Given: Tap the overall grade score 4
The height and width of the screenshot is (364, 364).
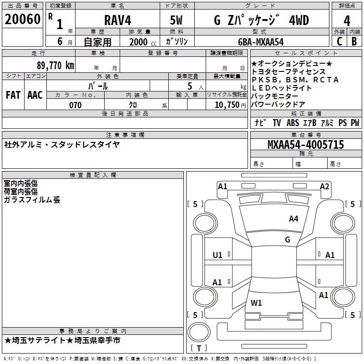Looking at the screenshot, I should click(x=347, y=20).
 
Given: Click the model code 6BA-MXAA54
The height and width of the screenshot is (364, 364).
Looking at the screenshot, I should click(x=261, y=41).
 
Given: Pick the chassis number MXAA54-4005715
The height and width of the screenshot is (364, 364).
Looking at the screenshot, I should click(x=306, y=145).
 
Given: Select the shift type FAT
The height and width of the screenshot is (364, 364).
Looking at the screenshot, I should click(x=13, y=95).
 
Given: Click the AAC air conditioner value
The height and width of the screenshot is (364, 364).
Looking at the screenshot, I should click(x=35, y=95).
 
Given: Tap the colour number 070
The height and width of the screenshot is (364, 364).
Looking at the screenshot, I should click(x=75, y=105).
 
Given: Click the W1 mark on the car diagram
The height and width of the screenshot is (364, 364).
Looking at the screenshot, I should click(x=256, y=303).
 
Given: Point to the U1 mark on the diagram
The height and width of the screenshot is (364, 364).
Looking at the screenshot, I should click(x=217, y=255).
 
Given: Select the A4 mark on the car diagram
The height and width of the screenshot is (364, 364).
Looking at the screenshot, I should click(x=293, y=219).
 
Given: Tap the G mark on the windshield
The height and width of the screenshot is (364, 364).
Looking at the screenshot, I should click(x=287, y=240).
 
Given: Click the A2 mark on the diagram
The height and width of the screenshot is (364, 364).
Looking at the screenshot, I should click(x=324, y=186).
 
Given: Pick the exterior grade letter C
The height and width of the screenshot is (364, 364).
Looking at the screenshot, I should click(x=339, y=41).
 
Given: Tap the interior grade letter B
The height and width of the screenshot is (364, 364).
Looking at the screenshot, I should click(x=354, y=41).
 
